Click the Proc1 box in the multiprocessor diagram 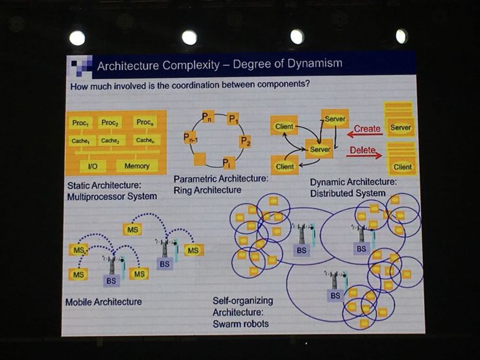pyautogui.click(x=81, y=123)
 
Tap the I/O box pyautogui.click(x=93, y=166)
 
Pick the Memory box pyautogui.click(x=137, y=166)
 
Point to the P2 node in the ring pyautogui.click(x=245, y=141)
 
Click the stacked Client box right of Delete pyautogui.click(x=403, y=166)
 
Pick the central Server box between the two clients pyautogui.click(x=320, y=149)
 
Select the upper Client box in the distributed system pyautogui.click(x=284, y=126)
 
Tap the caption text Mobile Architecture pyautogui.click(x=104, y=302)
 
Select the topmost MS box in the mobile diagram pyautogui.click(x=132, y=230)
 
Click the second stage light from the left pyautogui.click(x=189, y=38)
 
